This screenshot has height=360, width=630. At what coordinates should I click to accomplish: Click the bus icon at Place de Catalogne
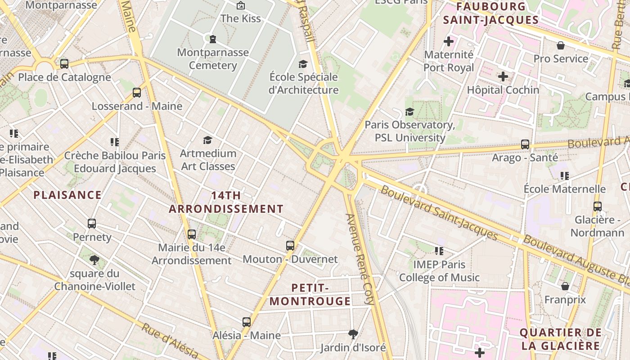click(64, 64)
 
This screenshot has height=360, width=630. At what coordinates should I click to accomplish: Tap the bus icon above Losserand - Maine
click(137, 93)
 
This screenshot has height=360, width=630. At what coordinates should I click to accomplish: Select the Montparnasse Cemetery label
click(213, 59)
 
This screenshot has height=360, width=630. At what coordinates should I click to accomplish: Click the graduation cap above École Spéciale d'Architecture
click(303, 64)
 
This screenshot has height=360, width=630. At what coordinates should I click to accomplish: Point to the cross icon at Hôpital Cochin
click(503, 76)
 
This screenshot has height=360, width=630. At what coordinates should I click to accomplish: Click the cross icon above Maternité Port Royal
click(449, 41)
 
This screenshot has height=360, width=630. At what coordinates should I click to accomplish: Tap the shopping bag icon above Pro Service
click(561, 45)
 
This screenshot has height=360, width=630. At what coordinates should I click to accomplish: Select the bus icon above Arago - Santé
click(525, 144)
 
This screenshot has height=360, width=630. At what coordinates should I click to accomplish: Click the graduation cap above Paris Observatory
click(409, 112)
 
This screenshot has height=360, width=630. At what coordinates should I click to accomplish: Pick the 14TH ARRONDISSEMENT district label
click(226, 202)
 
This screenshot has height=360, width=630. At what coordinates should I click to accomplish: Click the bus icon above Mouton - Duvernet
click(290, 246)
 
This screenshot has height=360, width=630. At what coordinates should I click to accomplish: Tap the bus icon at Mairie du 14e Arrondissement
click(192, 234)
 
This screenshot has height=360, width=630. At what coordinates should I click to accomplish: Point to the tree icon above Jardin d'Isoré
click(353, 334)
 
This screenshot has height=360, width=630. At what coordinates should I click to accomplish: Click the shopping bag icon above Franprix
click(565, 286)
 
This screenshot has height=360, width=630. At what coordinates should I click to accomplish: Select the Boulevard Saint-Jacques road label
click(439, 212)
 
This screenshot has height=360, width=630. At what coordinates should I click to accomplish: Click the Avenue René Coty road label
click(360, 259)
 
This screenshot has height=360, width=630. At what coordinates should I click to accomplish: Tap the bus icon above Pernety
click(92, 224)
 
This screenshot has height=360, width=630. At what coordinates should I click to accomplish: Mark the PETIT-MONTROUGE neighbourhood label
click(310, 294)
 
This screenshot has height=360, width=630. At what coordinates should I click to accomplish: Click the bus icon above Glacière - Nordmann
click(598, 207)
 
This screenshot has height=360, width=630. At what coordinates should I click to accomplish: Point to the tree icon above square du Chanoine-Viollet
click(94, 260)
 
